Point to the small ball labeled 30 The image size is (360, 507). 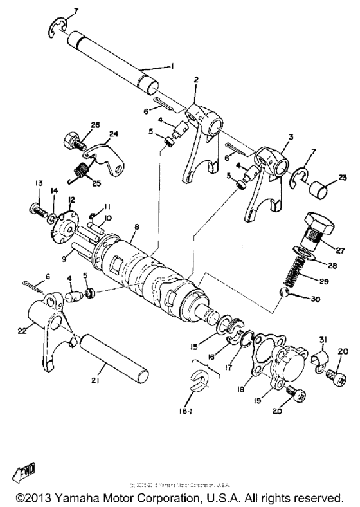click(x=285, y=293)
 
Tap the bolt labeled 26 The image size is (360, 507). click(x=70, y=139)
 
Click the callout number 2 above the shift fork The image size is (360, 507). click(x=195, y=80)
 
